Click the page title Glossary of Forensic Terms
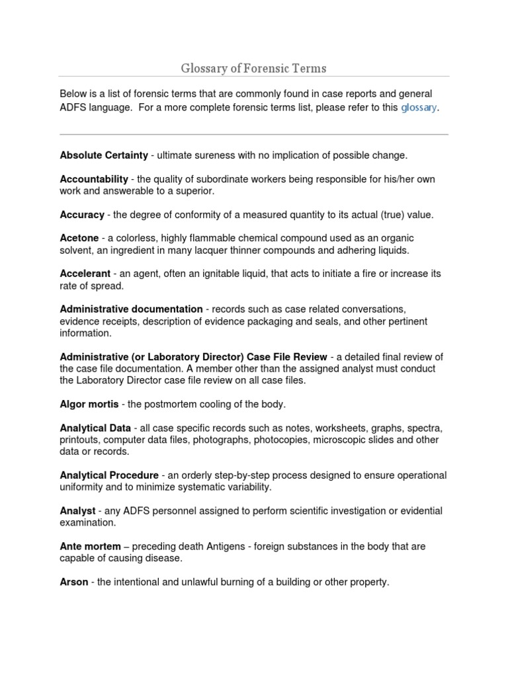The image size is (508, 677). [x=253, y=68]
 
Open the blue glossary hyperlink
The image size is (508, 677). [x=419, y=108]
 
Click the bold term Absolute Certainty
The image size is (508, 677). [x=104, y=155]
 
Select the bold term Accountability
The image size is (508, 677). [x=94, y=179]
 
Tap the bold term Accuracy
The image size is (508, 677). [x=82, y=215]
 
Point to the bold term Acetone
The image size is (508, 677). [x=79, y=238]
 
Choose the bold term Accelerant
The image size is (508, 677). [x=85, y=274]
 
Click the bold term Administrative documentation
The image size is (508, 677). [x=131, y=309]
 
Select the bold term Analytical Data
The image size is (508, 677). [x=95, y=428]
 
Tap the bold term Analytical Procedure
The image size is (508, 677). [x=109, y=475]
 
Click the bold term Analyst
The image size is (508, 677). [x=77, y=511]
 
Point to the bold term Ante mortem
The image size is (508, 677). [x=90, y=547]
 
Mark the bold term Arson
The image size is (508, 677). [x=73, y=582]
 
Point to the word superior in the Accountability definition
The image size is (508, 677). [x=195, y=191]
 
